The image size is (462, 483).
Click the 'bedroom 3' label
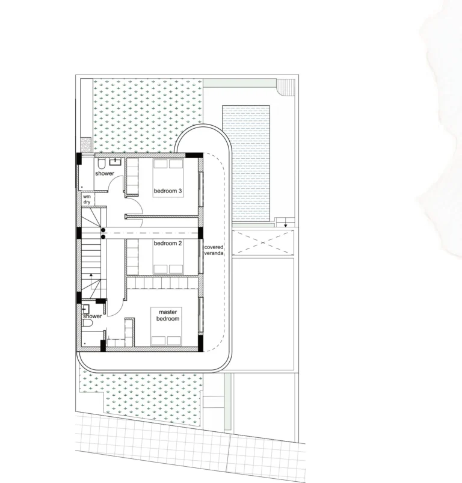pyautogui.click(x=168, y=191)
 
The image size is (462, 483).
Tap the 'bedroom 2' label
pyautogui.click(x=168, y=244)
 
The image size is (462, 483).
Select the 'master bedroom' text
pyautogui.click(x=168, y=315)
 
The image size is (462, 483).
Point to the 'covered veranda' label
pyautogui.click(x=214, y=250)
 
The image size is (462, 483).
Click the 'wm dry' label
pyautogui.click(x=87, y=199)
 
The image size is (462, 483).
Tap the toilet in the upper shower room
pyautogui.click(x=102, y=162)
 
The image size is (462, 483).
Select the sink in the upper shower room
pyautogui.click(x=115, y=162)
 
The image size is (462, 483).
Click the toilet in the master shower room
pyautogui.click(x=87, y=323)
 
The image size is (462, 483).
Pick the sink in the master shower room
pyautogui.click(x=85, y=309)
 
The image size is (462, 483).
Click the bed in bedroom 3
pyautogui.click(x=168, y=178)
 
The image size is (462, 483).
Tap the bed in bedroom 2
pyautogui.click(x=168, y=256)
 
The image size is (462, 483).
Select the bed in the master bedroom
pyautogui.click(x=166, y=327)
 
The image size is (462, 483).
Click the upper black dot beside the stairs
pyautogui.click(x=103, y=230)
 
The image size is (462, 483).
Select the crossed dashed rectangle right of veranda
pyautogui.click(x=262, y=243)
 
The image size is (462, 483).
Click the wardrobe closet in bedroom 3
pyautogui.click(x=132, y=176)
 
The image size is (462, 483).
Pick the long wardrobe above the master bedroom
pyautogui.click(x=162, y=283)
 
